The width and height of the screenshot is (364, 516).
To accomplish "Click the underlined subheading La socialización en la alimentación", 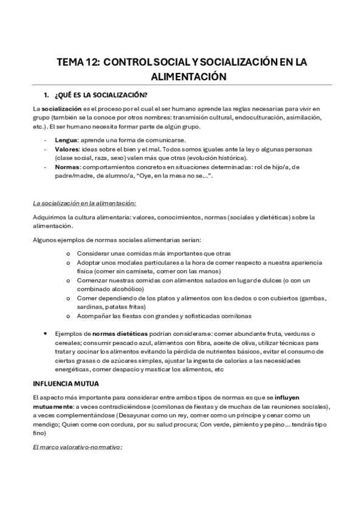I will [84, 203].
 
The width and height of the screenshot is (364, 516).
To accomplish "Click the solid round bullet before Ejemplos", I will [47, 334].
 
